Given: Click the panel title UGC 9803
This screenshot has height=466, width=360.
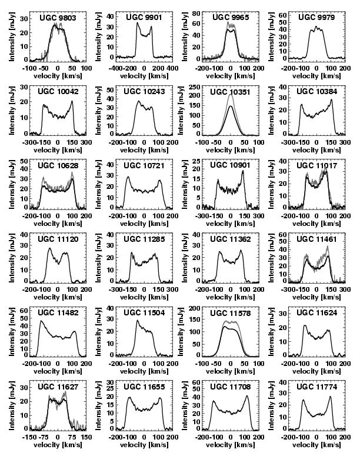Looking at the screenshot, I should click(58, 18).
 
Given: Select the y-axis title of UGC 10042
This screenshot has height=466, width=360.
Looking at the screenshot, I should click(12, 112).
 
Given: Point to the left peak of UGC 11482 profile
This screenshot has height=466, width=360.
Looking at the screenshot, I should click(41, 321).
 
